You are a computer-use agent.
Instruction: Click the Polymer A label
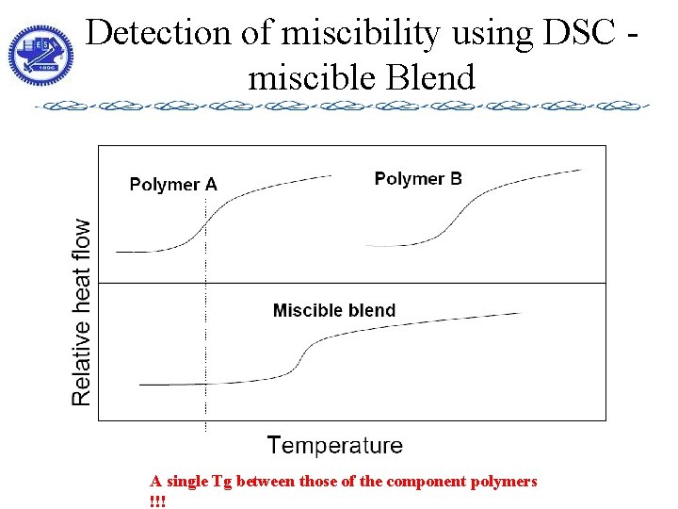coord(173,185)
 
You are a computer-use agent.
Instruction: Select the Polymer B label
coord(418,178)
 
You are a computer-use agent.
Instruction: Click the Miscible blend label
coord(334,310)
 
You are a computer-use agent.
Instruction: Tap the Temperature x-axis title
coord(335,446)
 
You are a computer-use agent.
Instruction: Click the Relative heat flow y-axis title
coord(83,313)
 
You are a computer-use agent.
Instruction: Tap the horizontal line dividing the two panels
coord(377,283)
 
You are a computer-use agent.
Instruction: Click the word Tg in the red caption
coord(222,482)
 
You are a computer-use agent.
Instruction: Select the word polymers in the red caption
coord(508,482)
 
